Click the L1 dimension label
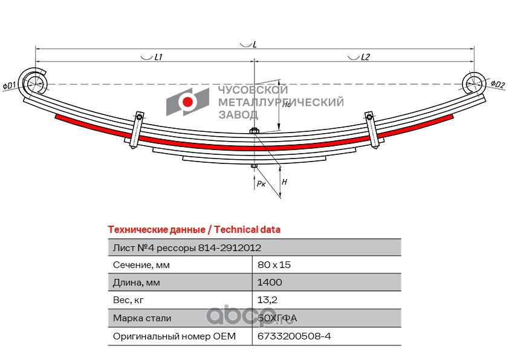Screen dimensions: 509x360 158,57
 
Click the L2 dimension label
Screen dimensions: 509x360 365,57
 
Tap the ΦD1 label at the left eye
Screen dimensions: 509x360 10,86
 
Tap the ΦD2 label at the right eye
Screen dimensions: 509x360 498,84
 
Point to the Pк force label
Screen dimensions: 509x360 261,184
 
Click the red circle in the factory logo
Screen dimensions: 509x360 189,102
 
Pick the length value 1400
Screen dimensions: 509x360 270,282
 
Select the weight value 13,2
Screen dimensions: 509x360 267,299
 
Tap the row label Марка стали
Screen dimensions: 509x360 142,318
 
